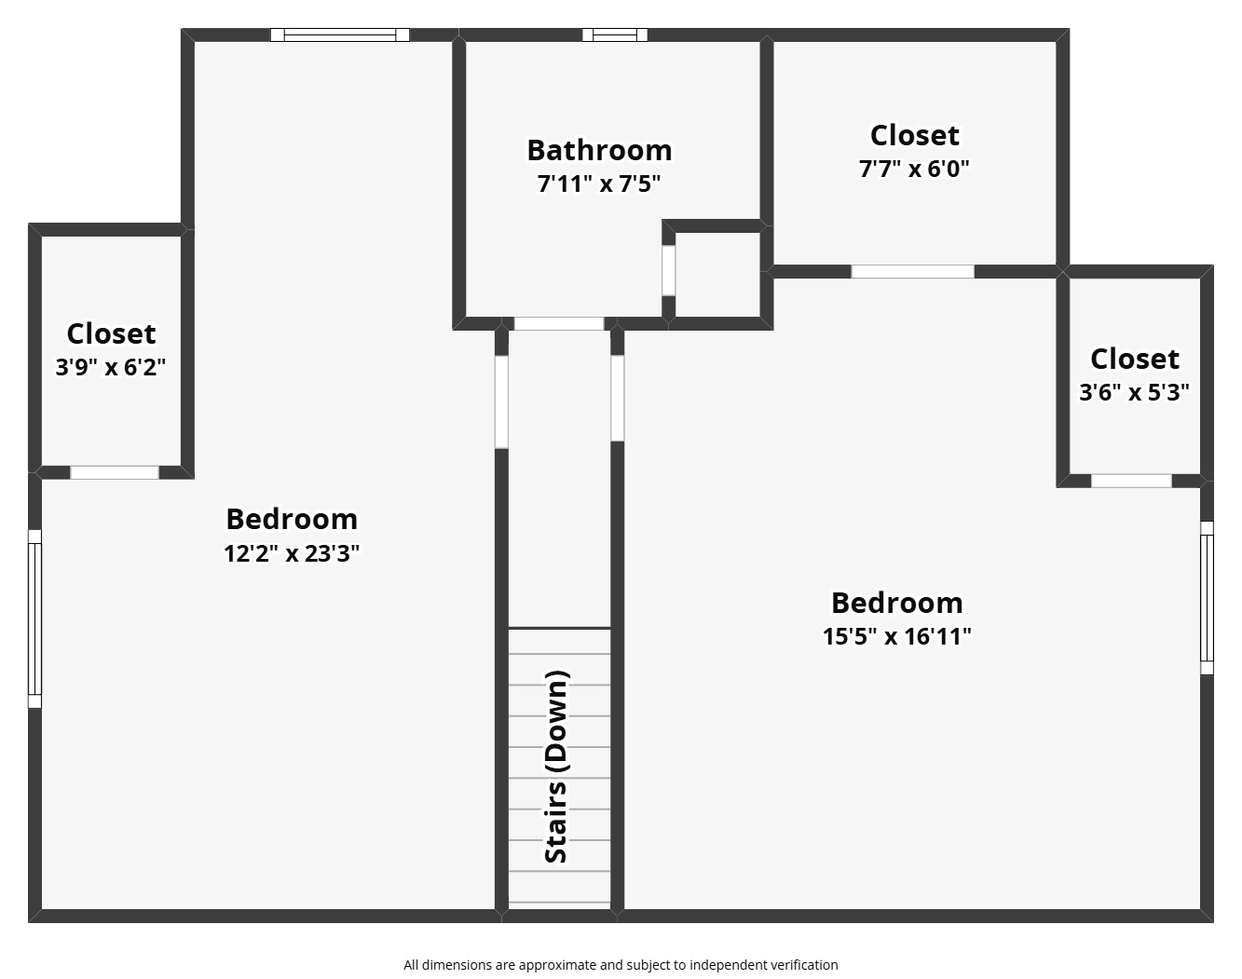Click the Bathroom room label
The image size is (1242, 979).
pos(599,150)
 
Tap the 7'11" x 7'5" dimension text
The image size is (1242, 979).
pos(599,184)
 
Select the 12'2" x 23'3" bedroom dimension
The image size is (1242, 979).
pos(292,553)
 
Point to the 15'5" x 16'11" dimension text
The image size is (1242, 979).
pos(896,636)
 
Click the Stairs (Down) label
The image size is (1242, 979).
pos(556,766)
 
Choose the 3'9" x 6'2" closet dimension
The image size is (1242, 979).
pos(111,367)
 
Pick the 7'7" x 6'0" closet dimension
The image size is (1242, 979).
pos(914,169)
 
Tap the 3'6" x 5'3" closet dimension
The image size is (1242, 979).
pos(1134,392)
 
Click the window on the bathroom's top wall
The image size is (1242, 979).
pos(615,35)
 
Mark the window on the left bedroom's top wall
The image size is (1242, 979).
pos(340,35)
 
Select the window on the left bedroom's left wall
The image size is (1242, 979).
pos(34,619)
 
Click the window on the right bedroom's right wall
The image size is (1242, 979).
pos(1207,597)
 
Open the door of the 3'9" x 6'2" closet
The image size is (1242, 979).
pos(115,472)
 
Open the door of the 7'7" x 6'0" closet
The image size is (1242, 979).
pos(912,272)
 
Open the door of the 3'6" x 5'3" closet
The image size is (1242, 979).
pos(1131,481)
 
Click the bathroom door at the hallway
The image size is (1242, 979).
pos(559,324)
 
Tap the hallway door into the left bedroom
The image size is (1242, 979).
pos(501,401)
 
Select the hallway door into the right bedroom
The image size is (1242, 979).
pos(617,398)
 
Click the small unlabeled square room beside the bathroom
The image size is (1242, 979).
pos(717,274)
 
